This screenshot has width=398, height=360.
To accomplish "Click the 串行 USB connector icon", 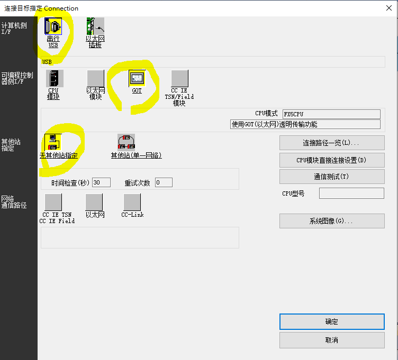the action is pyautogui.click(x=53, y=26).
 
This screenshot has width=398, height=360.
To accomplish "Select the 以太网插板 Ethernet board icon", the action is pyautogui.click(x=95, y=26).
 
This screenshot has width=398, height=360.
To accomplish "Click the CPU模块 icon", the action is pyautogui.click(x=55, y=79).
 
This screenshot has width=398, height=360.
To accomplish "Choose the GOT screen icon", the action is pyautogui.click(x=137, y=78).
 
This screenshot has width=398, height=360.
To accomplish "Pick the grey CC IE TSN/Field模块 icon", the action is pyautogui.click(x=180, y=79).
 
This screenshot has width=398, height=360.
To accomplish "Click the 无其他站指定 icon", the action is pyautogui.click(x=53, y=142).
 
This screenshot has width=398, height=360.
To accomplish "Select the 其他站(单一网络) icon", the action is pyautogui.click(x=126, y=142).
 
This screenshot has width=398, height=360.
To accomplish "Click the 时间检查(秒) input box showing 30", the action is pyautogui.click(x=101, y=182).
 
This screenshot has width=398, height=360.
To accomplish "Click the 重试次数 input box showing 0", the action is pyautogui.click(x=164, y=182).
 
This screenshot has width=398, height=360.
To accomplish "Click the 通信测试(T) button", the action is pyautogui.click(x=332, y=177).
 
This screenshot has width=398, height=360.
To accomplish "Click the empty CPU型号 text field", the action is pyautogui.click(x=351, y=193).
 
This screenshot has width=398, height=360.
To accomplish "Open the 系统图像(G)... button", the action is pyautogui.click(x=332, y=221).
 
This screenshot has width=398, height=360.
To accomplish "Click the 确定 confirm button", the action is pyautogui.click(x=332, y=321).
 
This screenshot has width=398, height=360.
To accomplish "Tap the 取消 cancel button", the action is pyautogui.click(x=332, y=340).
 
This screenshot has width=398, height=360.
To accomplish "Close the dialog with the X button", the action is pyautogui.click(x=389, y=8).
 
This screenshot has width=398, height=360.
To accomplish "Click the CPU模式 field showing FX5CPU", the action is pyautogui.click(x=331, y=114).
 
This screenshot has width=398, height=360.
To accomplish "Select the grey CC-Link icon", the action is pyautogui.click(x=132, y=202).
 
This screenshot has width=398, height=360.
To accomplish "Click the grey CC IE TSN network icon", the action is pyautogui.click(x=53, y=202).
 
